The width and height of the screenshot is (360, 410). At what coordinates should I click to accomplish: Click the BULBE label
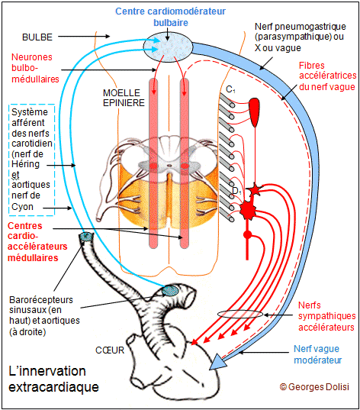coord(37,37)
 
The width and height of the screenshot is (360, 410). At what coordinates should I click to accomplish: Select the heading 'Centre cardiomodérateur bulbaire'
coord(170,17)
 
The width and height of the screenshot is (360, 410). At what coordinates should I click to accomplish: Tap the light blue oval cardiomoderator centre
coord(168,47)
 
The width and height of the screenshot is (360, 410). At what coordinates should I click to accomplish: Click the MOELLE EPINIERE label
coord(124,98)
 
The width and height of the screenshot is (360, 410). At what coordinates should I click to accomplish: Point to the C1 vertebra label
coord(230,89)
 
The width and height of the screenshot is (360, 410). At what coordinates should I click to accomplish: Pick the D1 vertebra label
coord(236,191)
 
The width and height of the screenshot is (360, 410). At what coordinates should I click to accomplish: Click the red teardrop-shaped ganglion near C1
coord(254,112)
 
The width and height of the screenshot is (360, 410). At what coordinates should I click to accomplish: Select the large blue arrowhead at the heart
coord(217,362)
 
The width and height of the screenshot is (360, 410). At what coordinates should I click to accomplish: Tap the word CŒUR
coord(110,350)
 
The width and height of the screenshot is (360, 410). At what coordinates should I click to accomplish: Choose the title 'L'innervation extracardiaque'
coord(53,379)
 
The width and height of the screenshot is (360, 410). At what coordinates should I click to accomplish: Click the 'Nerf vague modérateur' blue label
coord(318,354)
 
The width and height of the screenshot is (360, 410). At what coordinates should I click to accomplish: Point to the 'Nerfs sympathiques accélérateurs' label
coord(326,316)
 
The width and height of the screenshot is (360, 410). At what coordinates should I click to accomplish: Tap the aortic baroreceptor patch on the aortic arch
coord(170,291)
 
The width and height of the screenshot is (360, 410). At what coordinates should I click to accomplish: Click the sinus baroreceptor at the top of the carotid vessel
coord(86,236)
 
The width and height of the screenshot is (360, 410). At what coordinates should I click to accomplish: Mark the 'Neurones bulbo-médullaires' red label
coord(35,68)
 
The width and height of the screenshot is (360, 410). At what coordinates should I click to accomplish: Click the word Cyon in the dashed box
coord(22,207)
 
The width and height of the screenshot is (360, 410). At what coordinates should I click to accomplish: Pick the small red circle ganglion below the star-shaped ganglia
coord(248,234)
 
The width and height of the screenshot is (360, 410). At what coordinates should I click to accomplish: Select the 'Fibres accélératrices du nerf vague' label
coord(328,76)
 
